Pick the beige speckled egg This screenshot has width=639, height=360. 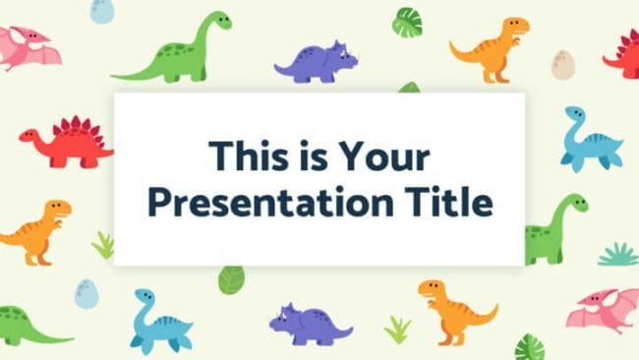(x=563, y=64)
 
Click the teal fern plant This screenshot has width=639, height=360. (x=617, y=255)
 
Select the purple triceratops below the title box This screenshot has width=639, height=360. (x=311, y=323)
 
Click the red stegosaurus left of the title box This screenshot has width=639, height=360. (x=64, y=142)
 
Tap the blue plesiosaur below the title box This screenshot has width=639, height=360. (x=159, y=321)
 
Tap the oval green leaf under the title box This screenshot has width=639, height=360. (x=230, y=279)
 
